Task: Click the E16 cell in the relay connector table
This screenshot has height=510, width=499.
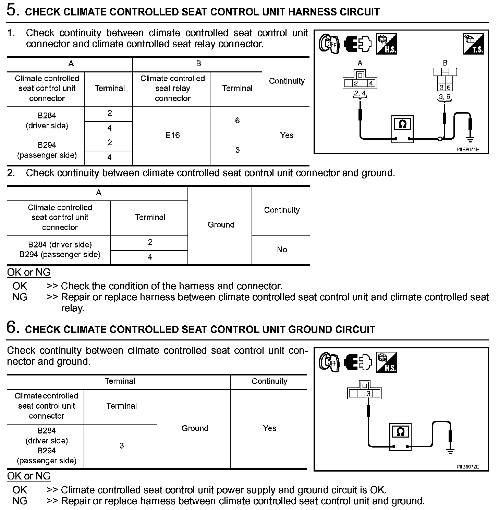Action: pos(172,135)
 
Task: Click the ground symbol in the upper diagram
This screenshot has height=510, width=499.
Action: pos(470,139)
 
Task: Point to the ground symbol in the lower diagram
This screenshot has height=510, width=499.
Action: pos(450,451)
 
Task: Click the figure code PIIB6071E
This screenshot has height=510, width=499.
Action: pos(467,150)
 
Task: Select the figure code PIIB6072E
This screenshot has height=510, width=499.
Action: pos(467,467)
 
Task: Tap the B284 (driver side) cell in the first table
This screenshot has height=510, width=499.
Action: pos(47,120)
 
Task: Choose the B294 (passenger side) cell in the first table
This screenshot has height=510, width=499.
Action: pos(47,150)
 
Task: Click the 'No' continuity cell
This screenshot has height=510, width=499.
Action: pos(282,250)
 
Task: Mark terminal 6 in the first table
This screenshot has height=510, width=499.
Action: pos(237,120)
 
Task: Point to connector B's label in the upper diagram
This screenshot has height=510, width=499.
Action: pos(445,63)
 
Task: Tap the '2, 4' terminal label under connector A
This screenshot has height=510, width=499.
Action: pos(360,93)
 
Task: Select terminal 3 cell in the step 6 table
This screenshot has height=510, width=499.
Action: pos(121,445)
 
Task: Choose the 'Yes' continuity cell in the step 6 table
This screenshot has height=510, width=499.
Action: pos(269,428)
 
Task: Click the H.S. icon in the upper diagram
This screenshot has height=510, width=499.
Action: pos(387,44)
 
